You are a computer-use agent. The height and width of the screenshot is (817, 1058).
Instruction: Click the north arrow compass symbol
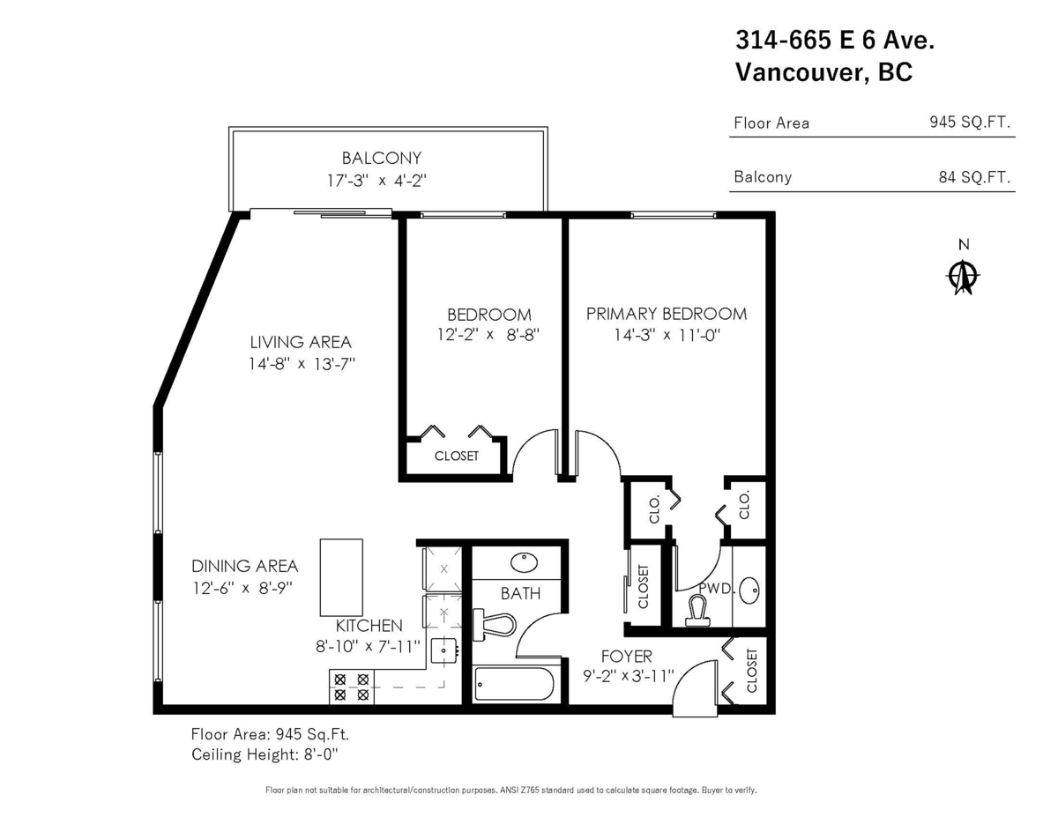pyautogui.click(x=964, y=277)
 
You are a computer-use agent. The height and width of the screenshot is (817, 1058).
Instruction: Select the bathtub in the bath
pyautogui.click(x=514, y=684)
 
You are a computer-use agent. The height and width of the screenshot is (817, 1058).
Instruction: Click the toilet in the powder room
pyautogui.click(x=698, y=609)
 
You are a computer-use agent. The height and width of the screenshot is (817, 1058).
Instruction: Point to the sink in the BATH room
pyautogui.click(x=525, y=562)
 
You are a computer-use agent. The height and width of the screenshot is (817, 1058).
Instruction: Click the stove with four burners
pyautogui.click(x=350, y=687)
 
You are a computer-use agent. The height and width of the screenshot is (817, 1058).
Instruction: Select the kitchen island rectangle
pyautogui.click(x=340, y=577)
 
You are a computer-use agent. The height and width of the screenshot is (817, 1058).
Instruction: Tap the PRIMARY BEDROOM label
pyautogui.click(x=666, y=314)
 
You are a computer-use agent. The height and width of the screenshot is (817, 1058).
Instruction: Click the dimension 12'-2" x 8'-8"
pyautogui.click(x=488, y=335)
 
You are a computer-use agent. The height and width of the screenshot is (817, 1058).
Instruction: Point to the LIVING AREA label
pyautogui.click(x=300, y=342)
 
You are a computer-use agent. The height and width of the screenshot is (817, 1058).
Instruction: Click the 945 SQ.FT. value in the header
pyautogui.click(x=967, y=123)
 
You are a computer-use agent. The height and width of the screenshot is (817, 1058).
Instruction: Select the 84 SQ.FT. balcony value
pyautogui.click(x=973, y=177)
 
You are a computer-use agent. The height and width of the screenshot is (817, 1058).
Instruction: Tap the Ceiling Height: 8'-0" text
pyautogui.click(x=264, y=754)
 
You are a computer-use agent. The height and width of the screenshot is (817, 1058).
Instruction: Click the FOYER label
pyautogui.click(x=626, y=656)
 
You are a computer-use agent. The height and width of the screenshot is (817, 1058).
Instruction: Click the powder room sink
pyautogui.click(x=749, y=590)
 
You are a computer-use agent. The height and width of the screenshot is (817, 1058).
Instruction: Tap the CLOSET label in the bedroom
pyautogui.click(x=456, y=456)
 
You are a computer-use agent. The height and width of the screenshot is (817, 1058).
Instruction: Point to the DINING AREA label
pyautogui.click(x=244, y=566)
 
